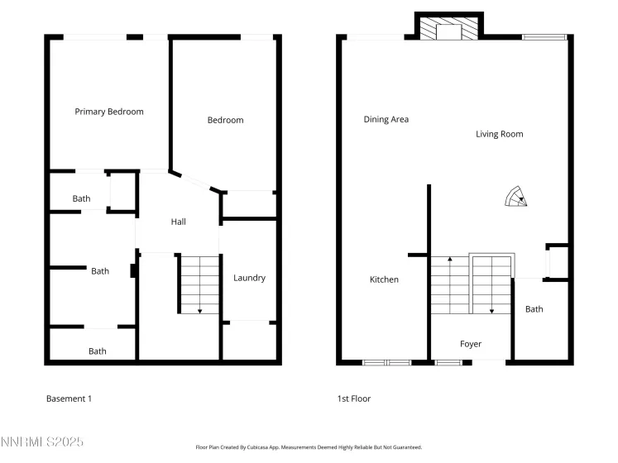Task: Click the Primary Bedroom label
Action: (x=109, y=112)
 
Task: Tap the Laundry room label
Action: (x=249, y=278)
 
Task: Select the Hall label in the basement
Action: (x=178, y=222)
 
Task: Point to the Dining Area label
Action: (x=386, y=119)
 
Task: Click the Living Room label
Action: (x=499, y=134)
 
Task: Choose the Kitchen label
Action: (x=384, y=279)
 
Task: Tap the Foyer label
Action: (x=470, y=344)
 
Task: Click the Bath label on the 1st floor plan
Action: (x=534, y=309)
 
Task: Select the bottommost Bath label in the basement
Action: (x=98, y=351)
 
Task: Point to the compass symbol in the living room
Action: (x=518, y=197)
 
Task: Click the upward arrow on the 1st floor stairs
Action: (x=449, y=260)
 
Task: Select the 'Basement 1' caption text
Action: (x=69, y=399)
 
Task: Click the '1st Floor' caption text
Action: (x=354, y=399)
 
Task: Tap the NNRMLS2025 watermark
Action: (x=41, y=443)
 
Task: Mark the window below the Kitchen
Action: (x=386, y=362)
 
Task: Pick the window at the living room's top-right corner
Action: (x=544, y=36)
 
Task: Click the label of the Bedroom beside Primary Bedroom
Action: (x=225, y=120)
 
